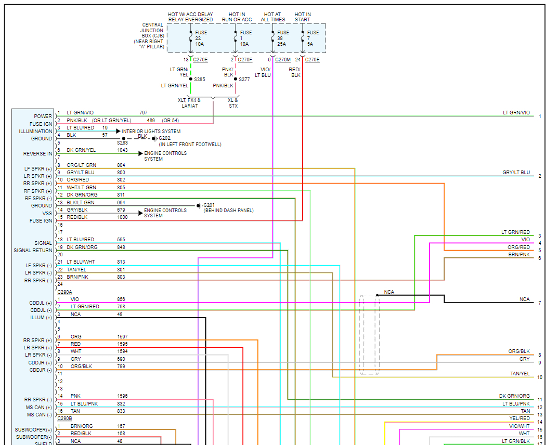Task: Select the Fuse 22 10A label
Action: point(201,38)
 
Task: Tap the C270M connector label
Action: point(283,60)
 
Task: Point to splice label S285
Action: point(200,80)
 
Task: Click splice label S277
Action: point(244,80)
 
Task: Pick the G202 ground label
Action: point(165,138)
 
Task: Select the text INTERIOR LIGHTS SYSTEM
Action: point(151,132)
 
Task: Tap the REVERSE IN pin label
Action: point(37,154)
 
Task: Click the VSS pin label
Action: point(47,213)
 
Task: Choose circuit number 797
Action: point(144,113)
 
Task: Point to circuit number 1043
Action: point(122,150)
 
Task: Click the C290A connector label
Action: point(64,292)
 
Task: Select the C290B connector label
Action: point(64,418)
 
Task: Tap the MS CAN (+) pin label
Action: point(40,407)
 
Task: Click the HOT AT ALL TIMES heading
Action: point(274,17)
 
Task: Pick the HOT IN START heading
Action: point(302,17)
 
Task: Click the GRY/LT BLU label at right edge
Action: point(516,173)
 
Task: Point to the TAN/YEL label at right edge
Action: point(520,374)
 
